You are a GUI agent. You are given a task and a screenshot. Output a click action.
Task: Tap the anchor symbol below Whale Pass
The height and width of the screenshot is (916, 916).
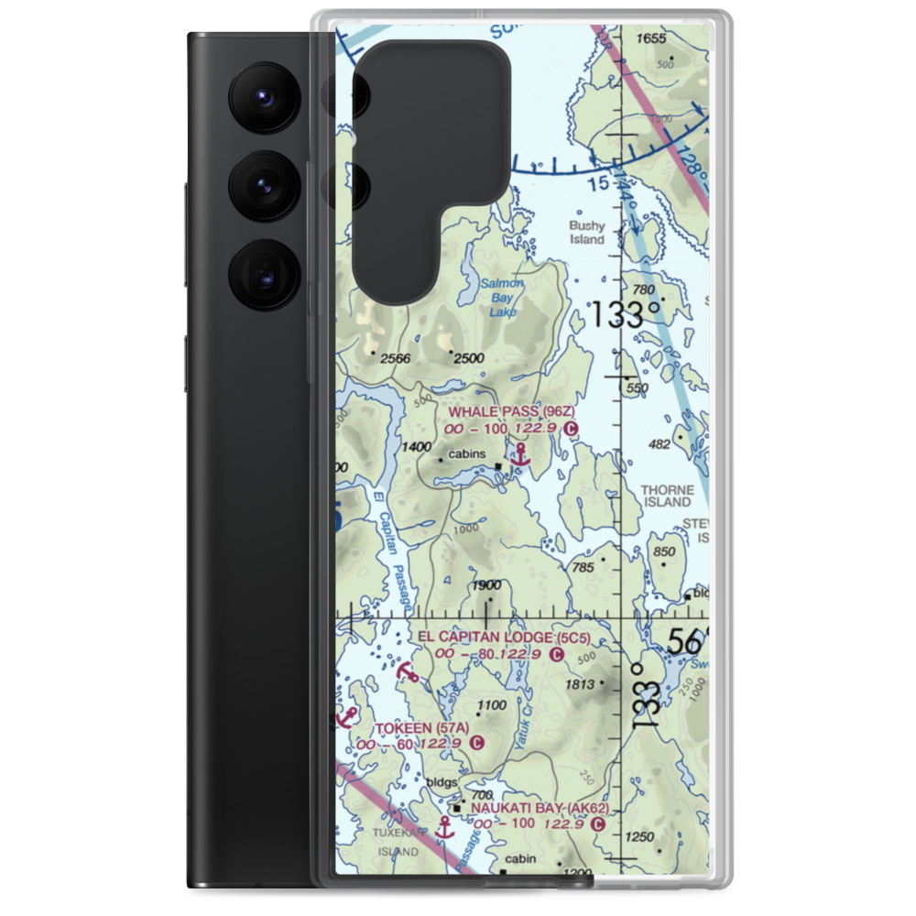click(521, 453)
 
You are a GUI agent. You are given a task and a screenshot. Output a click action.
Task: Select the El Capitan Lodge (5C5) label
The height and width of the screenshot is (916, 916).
click(499, 637)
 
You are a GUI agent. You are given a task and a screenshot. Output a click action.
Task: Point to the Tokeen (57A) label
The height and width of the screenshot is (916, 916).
click(422, 728)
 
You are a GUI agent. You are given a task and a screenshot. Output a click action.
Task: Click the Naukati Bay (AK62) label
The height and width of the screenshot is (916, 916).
click(539, 809)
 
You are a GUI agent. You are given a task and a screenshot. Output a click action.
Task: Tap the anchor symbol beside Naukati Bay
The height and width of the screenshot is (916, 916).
click(444, 829)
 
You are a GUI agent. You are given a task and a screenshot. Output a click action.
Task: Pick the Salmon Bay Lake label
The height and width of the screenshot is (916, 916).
click(503, 298)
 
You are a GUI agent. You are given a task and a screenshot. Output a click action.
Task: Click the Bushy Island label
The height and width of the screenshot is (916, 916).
click(587, 233)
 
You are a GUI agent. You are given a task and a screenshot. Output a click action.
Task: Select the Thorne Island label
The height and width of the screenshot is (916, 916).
click(667, 496)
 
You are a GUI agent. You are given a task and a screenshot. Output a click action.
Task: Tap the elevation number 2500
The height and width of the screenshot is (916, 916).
click(468, 358)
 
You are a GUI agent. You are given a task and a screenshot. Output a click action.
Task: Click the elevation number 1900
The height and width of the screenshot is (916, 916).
click(486, 586)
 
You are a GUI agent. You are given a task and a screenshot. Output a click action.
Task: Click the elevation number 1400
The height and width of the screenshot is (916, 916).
click(416, 447)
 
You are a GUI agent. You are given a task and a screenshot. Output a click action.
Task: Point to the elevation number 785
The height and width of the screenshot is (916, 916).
click(583, 568)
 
